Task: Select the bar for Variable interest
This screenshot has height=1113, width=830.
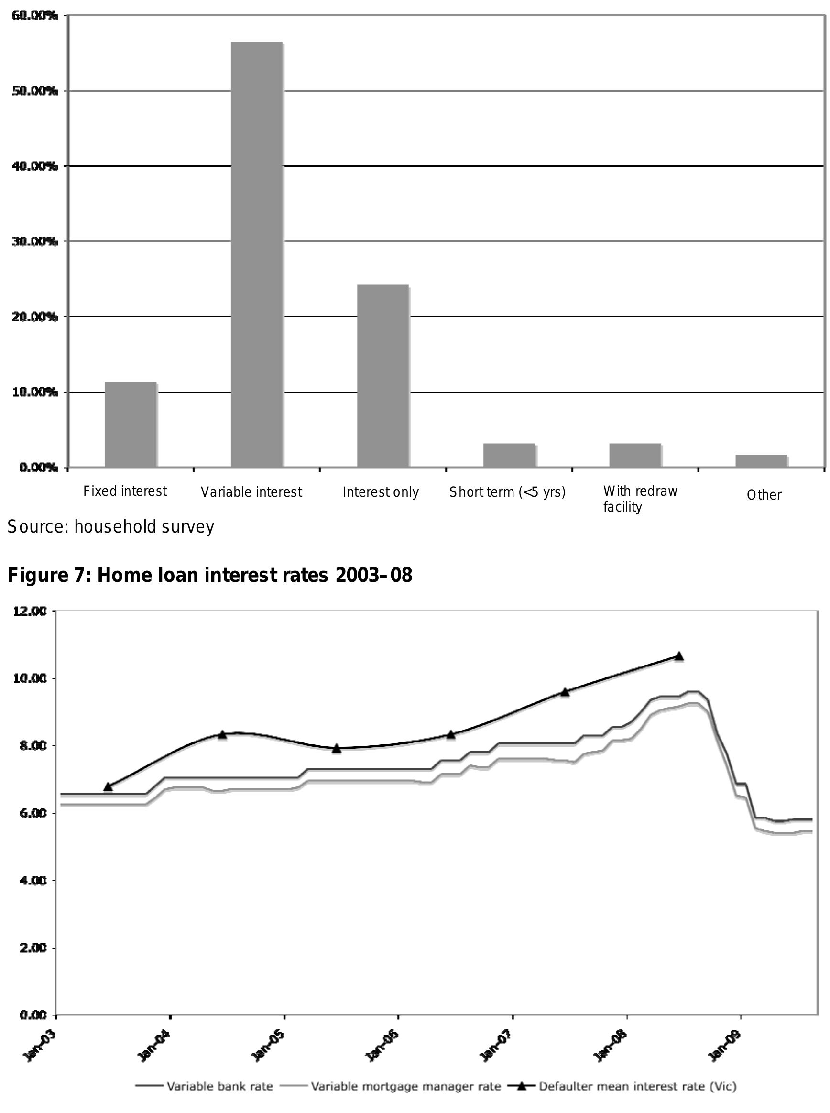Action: click(257, 255)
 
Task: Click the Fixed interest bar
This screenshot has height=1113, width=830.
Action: click(131, 425)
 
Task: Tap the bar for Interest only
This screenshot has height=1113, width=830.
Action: click(383, 376)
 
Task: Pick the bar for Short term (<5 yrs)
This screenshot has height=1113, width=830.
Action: click(509, 455)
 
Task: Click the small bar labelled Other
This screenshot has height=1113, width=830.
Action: click(761, 461)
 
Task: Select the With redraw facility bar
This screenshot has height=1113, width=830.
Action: click(635, 455)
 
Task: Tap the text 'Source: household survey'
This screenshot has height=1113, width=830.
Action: click(110, 526)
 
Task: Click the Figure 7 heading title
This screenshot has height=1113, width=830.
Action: click(209, 575)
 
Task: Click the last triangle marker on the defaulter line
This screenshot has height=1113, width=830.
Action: click(679, 656)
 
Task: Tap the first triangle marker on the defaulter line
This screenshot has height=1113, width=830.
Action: click(108, 786)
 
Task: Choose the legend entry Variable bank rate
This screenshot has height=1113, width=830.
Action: click(219, 1087)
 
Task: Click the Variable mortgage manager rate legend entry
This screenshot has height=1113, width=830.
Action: click(405, 1087)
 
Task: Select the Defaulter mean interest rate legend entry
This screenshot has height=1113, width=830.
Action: click(637, 1087)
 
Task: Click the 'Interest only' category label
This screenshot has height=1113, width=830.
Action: click(380, 492)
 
